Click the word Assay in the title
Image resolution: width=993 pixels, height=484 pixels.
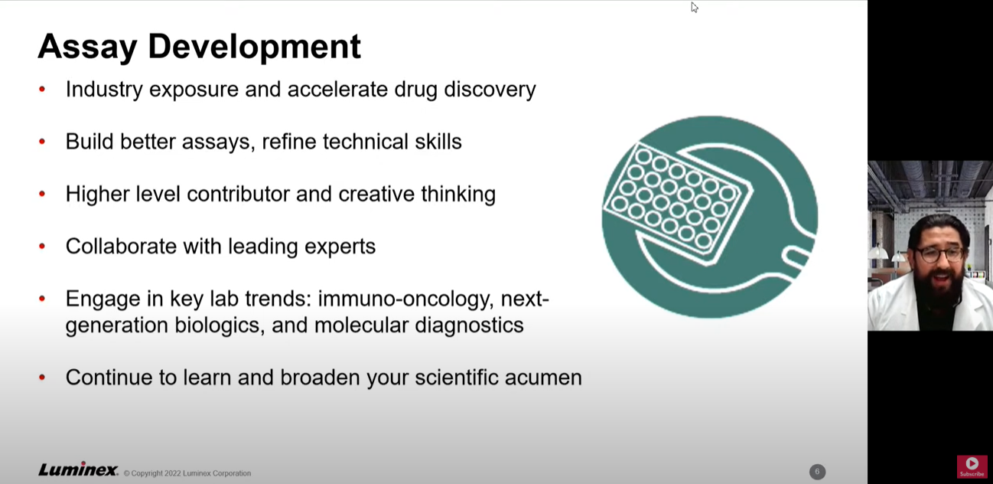(x=87, y=47)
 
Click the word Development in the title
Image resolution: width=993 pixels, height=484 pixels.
(x=255, y=46)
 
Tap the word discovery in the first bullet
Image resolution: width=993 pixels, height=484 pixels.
(x=490, y=90)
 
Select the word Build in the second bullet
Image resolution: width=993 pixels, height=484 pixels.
(x=90, y=142)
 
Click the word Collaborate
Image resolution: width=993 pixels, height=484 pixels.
(x=121, y=247)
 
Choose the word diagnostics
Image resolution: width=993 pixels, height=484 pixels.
(x=470, y=325)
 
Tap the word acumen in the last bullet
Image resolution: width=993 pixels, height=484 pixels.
(x=543, y=378)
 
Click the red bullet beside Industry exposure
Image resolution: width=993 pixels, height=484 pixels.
(x=42, y=89)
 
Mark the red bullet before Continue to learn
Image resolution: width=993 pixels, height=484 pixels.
(x=42, y=377)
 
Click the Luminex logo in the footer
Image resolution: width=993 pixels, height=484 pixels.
(x=79, y=469)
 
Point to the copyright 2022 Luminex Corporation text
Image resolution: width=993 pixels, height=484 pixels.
(x=187, y=473)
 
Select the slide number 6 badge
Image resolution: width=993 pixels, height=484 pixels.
(x=817, y=472)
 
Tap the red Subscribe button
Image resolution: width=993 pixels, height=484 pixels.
(x=972, y=466)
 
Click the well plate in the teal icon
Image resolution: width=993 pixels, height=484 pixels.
(x=676, y=203)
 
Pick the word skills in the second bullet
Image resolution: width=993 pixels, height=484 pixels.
(x=438, y=142)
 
